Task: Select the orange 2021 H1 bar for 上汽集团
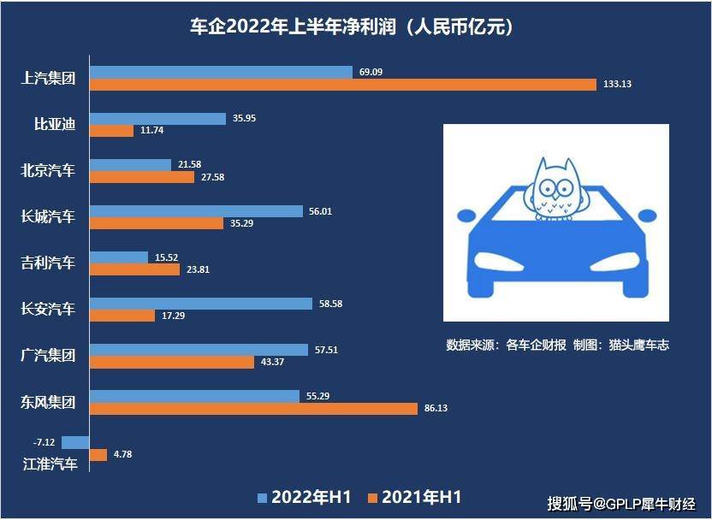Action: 343,85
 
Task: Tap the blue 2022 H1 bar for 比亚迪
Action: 157,118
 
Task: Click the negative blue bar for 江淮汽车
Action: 75,442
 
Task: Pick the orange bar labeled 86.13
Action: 253,408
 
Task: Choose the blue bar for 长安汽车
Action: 201,303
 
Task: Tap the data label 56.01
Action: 320,210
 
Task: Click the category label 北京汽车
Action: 48,170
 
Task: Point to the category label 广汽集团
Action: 48,355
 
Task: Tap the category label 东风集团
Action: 48,401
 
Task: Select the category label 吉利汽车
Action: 48,263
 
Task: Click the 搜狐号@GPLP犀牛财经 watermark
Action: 622,502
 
